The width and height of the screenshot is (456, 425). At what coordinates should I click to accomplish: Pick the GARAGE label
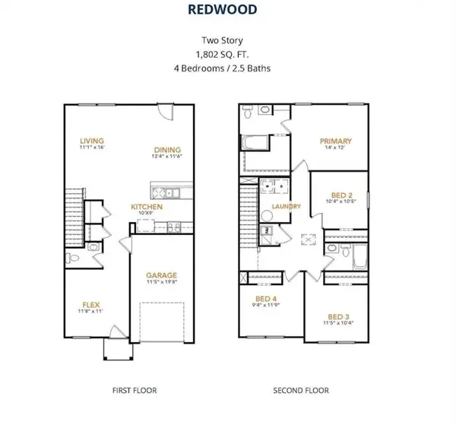pos(162,275)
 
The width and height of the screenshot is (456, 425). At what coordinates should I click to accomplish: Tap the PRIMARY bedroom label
pos(335,141)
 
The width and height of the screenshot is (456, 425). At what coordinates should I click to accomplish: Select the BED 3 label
pos(339,316)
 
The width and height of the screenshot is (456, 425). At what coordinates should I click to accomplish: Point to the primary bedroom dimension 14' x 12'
pos(335,148)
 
